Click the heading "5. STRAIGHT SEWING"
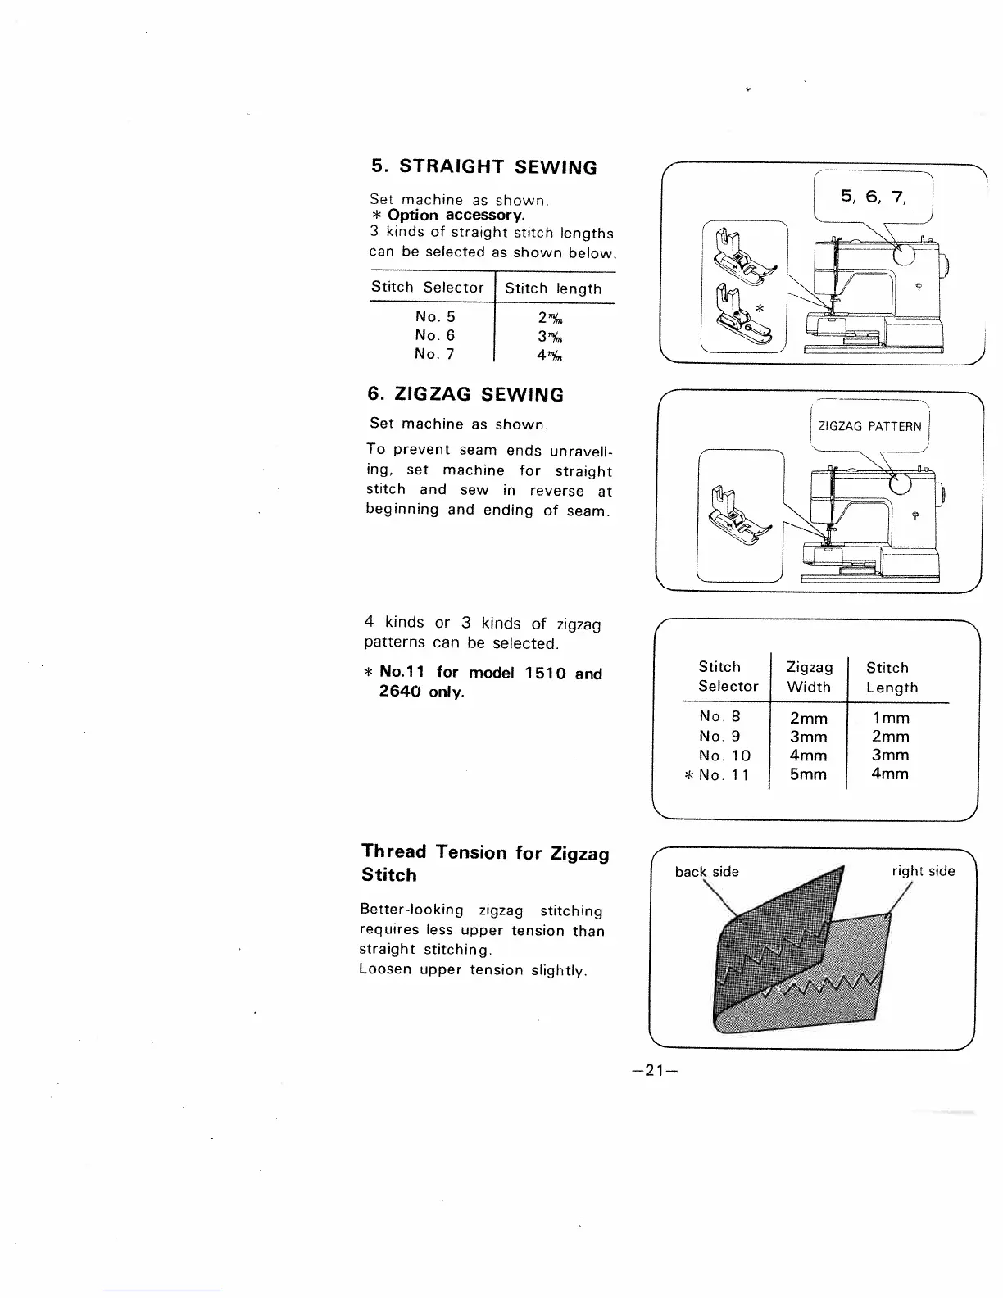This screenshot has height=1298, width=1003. click(x=483, y=167)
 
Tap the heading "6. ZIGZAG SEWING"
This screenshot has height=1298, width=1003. click(x=465, y=395)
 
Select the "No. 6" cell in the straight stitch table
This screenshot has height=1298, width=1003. click(x=434, y=335)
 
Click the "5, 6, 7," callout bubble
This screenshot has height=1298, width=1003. click(x=873, y=197)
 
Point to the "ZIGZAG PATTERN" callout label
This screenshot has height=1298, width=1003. click(x=869, y=426)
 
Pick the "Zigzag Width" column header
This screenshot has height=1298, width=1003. click(x=809, y=677)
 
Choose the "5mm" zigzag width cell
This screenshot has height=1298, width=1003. click(x=808, y=774)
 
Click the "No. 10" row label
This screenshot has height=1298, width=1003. click(x=724, y=756)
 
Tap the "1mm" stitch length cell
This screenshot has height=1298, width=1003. click(x=891, y=718)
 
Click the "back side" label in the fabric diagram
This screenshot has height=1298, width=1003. click(x=706, y=871)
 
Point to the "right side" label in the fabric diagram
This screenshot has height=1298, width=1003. click(x=924, y=871)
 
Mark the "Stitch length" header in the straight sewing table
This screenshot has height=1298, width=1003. click(x=553, y=288)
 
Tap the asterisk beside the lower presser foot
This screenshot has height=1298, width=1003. click(x=760, y=309)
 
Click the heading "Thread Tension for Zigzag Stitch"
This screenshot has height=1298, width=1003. click(x=485, y=864)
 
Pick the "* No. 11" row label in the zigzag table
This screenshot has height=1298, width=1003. click(x=718, y=775)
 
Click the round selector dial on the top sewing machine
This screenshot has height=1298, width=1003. click(x=903, y=254)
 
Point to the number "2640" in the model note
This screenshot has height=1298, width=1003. click(x=402, y=692)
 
